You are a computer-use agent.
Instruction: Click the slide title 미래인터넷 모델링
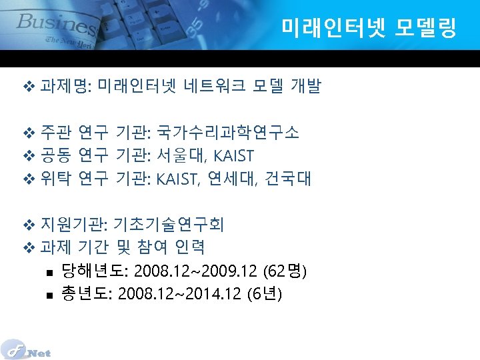369,29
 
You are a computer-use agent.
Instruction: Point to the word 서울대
178,156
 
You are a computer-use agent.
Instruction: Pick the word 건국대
288,179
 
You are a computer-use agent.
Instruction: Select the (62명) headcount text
285,271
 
